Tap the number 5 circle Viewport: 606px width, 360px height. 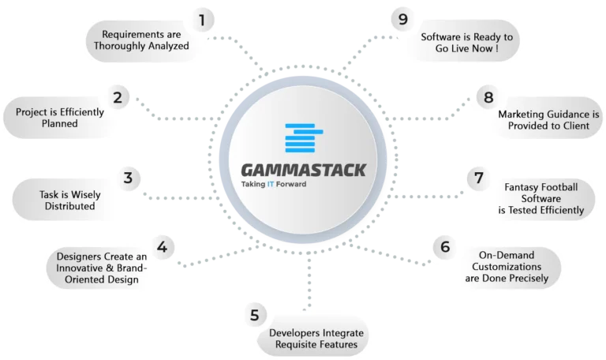254,315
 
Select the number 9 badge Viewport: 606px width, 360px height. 402,19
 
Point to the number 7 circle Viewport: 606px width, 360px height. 479,178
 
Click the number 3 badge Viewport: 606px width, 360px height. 128,178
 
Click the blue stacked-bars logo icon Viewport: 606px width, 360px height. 304,138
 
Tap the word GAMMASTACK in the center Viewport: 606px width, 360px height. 303,171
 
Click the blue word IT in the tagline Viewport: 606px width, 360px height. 271,184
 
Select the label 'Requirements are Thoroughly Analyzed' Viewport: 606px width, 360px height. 141,40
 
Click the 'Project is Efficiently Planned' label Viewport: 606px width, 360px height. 60,118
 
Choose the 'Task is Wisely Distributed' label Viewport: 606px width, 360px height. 70,201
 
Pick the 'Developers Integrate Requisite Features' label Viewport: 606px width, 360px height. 316,339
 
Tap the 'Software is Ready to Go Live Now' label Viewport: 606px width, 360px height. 467,43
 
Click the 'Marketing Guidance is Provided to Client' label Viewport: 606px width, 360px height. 549,120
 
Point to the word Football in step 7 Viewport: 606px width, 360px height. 559,187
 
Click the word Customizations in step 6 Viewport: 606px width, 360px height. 507,267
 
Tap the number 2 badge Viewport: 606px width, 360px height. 118,97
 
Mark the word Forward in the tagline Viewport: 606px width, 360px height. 291,184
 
